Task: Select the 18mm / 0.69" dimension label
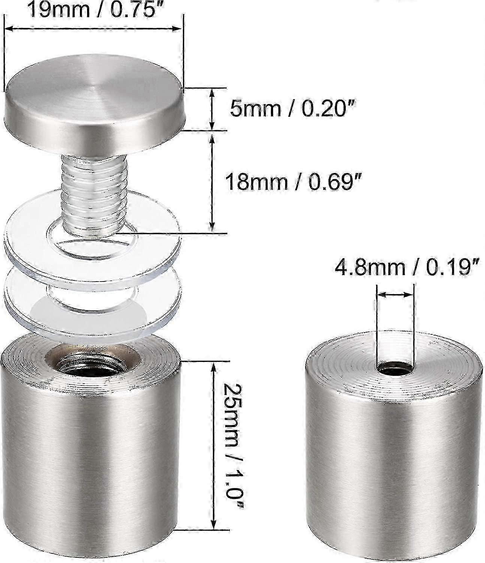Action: (x=293, y=181)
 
